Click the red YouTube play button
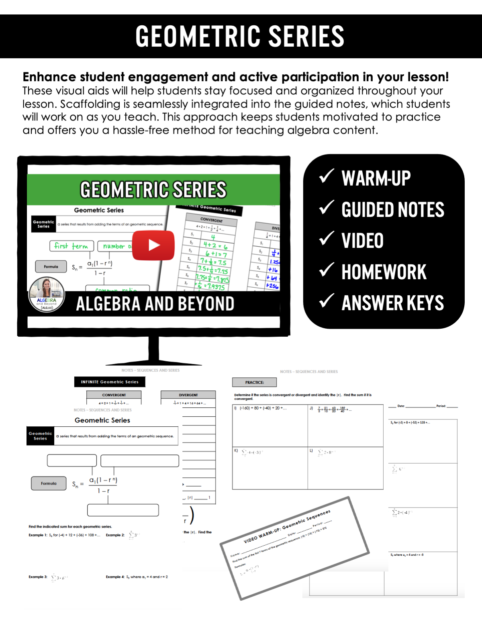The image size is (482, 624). coord(153,245)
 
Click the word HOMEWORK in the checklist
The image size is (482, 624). coord(384,272)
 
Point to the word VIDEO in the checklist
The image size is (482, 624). coord(362,241)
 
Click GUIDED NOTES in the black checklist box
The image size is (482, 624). coord(392,210)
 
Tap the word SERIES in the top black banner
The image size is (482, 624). coord(306,36)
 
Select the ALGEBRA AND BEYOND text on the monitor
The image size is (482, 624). coord(155,304)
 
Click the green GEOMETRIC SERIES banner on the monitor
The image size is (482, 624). coord(153,190)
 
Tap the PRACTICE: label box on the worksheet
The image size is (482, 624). coord(254,382)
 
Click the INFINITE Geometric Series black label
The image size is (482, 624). coord(109,382)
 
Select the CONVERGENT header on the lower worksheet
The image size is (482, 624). coord(114,395)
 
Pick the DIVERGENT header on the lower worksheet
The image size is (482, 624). coord(188,395)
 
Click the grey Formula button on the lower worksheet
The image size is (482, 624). coord(49,483)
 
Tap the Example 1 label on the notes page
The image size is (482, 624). coord(38,535)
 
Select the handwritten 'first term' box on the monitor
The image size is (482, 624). coord(71,246)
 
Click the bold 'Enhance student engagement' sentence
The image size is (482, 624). coord(235,77)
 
